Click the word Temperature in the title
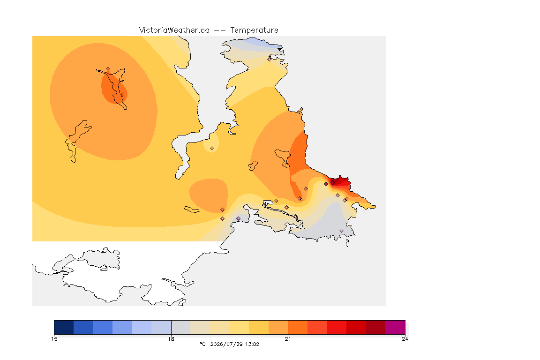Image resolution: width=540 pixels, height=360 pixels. (254, 30)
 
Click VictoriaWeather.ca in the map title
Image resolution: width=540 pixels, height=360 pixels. (174, 30)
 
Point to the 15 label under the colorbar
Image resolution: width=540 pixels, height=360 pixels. (54, 339)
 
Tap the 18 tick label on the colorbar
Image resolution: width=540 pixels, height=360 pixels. (171, 339)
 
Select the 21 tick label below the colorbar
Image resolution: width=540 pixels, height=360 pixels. (288, 339)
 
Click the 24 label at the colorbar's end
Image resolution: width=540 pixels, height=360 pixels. (405, 339)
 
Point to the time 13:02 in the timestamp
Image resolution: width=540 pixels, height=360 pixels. (252, 344)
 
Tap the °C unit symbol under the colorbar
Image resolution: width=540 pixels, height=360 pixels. (202, 344)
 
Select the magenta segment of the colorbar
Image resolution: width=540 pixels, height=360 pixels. (395, 327)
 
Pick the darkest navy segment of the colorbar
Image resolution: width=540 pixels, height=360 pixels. (64, 327)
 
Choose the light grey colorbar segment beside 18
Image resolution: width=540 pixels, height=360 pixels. (181, 327)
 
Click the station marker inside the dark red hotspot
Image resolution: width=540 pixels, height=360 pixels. (333, 183)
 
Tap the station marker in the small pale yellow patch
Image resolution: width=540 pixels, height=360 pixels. (212, 149)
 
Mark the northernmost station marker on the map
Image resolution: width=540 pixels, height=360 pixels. (270, 59)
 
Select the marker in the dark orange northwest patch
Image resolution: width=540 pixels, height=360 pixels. (122, 94)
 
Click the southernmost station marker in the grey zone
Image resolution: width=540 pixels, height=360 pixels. (341, 231)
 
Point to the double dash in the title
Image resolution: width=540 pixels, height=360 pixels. (220, 30)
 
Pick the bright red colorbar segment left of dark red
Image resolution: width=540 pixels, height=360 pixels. (337, 327)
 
